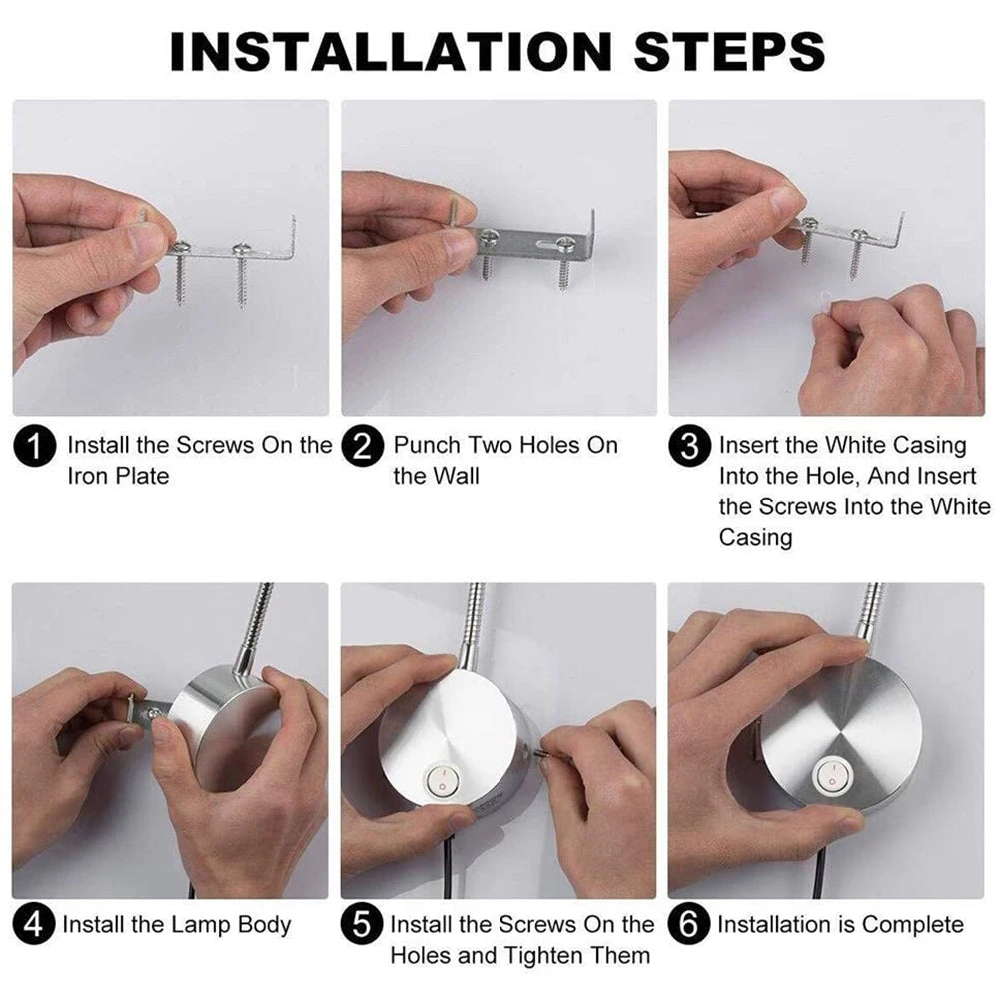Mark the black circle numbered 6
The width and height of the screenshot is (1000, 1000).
(690, 925)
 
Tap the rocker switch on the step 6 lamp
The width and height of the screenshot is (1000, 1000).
(829, 774)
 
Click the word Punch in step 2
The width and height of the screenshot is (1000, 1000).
(428, 445)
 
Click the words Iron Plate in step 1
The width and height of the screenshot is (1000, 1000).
(118, 476)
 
